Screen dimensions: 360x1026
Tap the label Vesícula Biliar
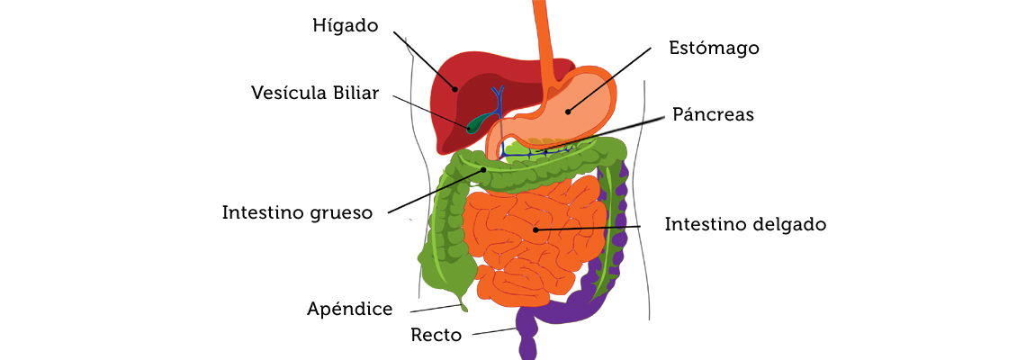[x=316, y=93]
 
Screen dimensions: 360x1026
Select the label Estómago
[x=714, y=48]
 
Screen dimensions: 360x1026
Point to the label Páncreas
[x=713, y=115]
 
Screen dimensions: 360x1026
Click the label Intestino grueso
[x=296, y=213]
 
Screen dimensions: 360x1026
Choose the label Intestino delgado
[x=745, y=224]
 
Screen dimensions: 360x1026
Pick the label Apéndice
[x=350, y=310]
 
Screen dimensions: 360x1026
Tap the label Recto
[x=436, y=336]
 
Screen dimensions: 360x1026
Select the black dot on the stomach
[x=568, y=112]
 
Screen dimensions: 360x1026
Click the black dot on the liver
[x=455, y=89]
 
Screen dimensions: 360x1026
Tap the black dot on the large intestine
[x=484, y=169]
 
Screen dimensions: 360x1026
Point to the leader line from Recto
[x=495, y=331]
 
